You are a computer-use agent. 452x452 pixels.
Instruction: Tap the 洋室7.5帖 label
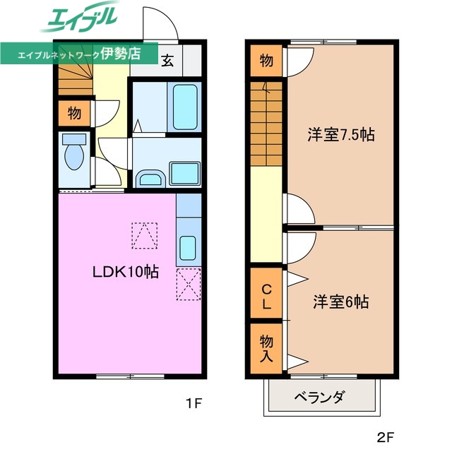pos(340,135)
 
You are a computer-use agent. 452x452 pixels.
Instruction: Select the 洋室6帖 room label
pos(341,302)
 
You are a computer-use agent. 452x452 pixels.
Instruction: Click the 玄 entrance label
pos(167,61)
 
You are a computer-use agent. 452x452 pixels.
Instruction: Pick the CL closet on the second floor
pos(266,297)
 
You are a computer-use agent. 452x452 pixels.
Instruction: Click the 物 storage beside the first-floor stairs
pos(74,112)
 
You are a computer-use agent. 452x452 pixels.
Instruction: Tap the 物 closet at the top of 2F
pos(266,61)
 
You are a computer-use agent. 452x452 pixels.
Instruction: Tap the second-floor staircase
pos(266,124)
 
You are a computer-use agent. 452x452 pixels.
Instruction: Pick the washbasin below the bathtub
pos(150,177)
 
